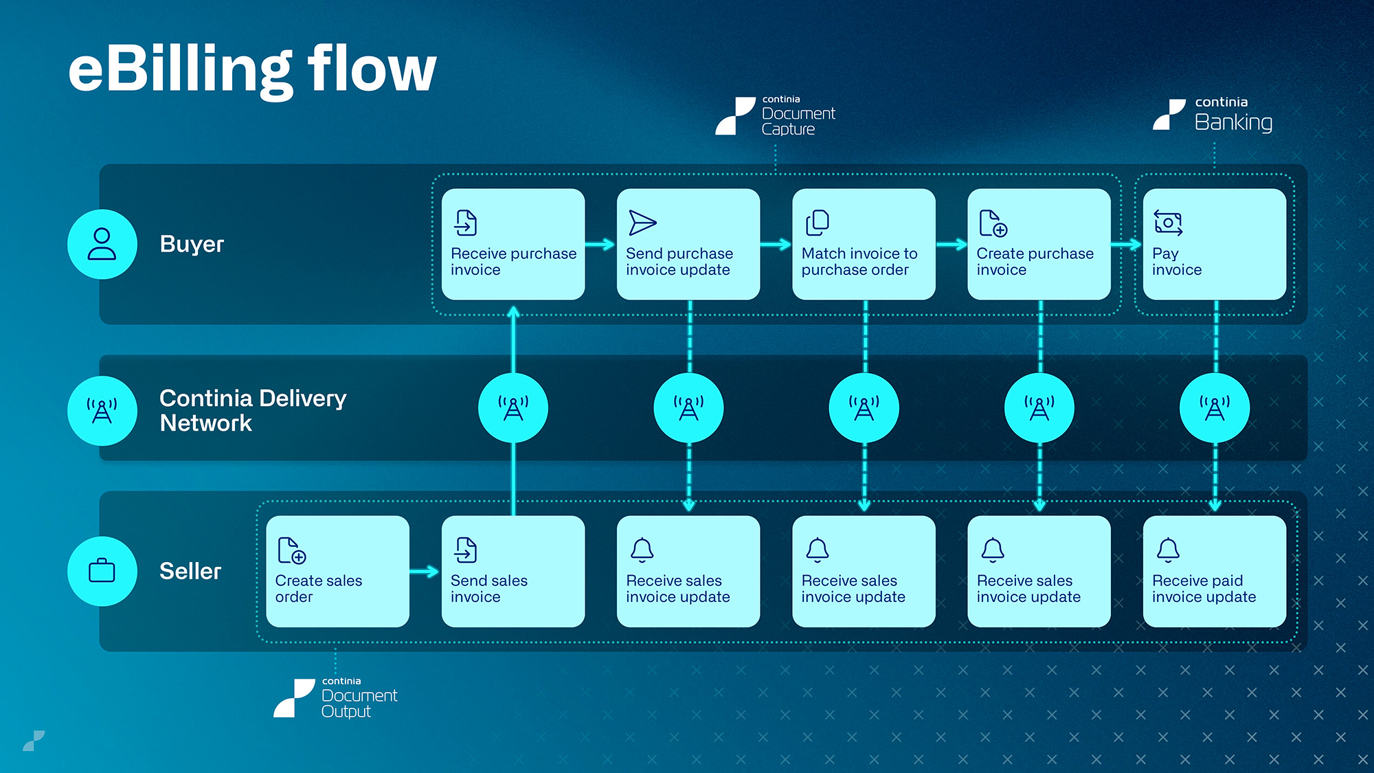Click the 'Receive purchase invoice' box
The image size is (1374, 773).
click(513, 245)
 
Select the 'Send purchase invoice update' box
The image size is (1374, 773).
click(688, 245)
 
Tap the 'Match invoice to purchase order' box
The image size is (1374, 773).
click(864, 245)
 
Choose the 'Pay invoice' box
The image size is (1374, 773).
click(1215, 245)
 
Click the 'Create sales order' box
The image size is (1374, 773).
click(337, 572)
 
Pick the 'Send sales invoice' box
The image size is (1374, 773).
click(513, 572)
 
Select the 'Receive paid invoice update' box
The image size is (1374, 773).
click(1215, 572)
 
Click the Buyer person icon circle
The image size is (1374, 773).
click(102, 245)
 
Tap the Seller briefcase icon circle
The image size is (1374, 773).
click(102, 572)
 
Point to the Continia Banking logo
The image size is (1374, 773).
click(1213, 115)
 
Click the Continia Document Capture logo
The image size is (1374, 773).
click(776, 115)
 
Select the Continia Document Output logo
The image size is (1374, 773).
click(336, 697)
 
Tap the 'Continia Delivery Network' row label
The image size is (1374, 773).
click(253, 410)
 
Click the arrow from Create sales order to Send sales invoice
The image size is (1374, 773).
click(425, 572)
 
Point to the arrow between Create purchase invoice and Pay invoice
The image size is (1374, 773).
click(1127, 245)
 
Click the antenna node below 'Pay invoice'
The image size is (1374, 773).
click(1215, 408)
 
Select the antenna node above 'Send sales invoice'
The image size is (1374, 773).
click(513, 408)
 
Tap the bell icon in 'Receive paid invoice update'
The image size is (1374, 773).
click(1168, 550)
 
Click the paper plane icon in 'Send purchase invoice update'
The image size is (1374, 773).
click(642, 223)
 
